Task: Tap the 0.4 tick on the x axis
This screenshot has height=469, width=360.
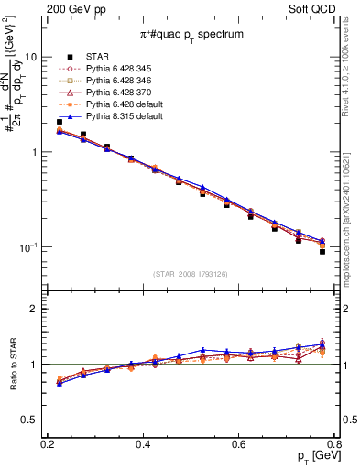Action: click(x=143, y=443)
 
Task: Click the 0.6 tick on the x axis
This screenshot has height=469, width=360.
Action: click(x=239, y=443)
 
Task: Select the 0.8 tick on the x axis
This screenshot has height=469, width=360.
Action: click(x=334, y=443)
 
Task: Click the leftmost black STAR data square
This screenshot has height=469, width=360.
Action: click(x=60, y=122)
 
